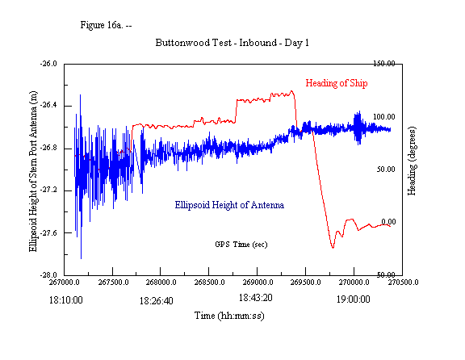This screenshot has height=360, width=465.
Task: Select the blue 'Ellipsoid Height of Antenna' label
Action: (228, 205)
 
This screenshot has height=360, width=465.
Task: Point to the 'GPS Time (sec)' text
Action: (241, 244)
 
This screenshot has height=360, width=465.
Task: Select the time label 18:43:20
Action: (259, 297)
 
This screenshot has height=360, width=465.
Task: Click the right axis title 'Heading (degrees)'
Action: (412, 169)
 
